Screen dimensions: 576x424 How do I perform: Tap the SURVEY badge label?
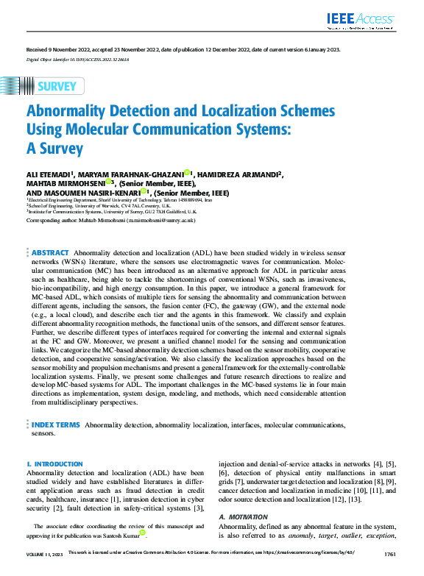click(56, 86)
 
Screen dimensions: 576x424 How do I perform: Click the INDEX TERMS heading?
click(55, 424)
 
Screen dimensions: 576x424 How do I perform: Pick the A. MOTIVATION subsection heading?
click(243, 517)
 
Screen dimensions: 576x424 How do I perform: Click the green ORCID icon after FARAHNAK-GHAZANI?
click(187, 173)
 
